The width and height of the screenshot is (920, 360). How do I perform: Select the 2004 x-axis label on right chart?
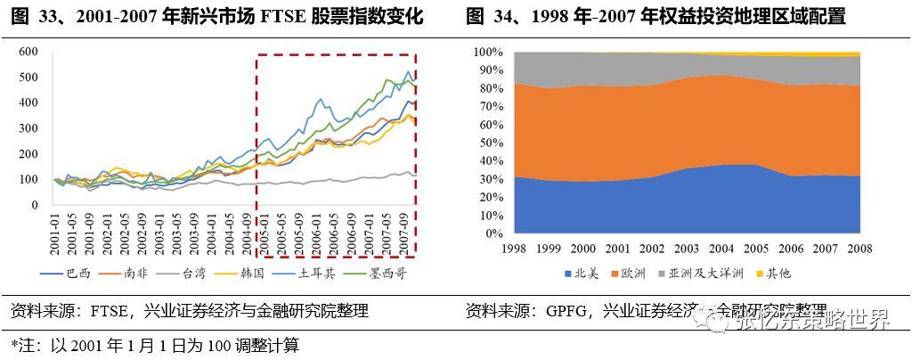[x=722, y=248]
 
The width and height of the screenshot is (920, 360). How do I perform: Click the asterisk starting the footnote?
[x=13, y=344]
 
